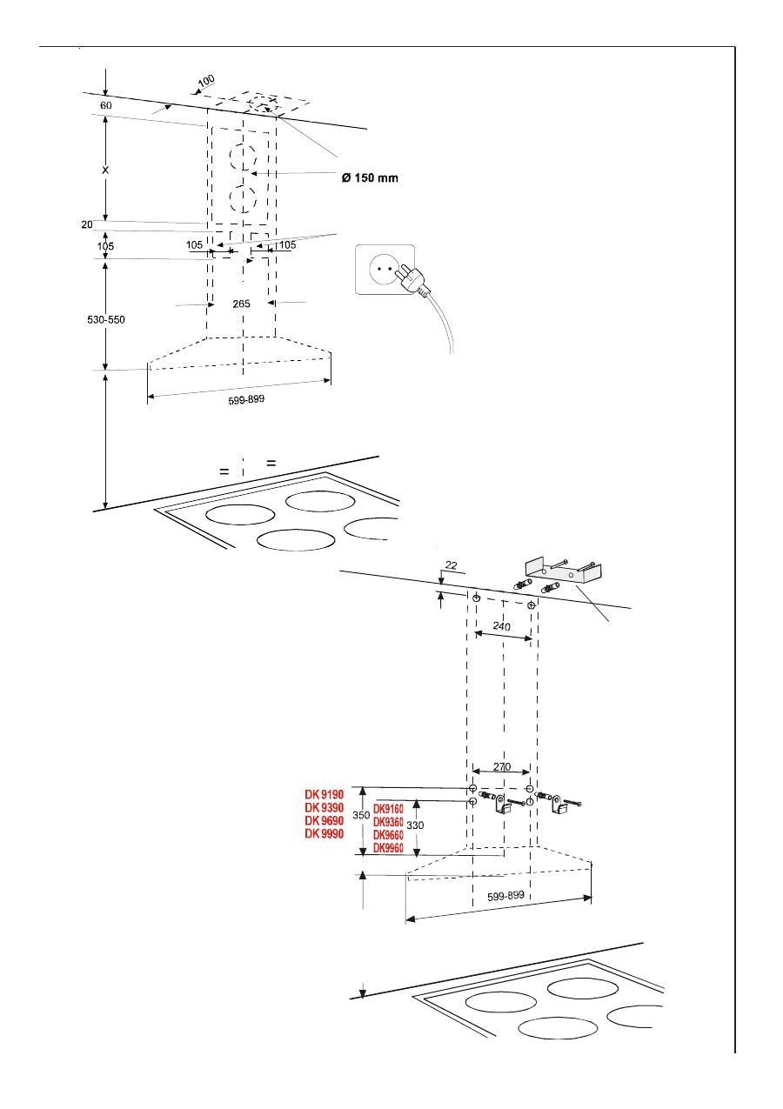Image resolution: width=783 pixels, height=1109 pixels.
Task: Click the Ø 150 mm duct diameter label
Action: (370, 177)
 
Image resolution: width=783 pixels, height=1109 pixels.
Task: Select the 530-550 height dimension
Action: (106, 320)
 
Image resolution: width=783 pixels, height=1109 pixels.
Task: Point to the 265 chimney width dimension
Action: (241, 304)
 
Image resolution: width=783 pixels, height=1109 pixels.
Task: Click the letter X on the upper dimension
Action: (105, 170)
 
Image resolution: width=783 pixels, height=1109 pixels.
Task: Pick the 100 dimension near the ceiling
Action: (206, 80)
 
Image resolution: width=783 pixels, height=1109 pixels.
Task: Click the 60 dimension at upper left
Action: (106, 105)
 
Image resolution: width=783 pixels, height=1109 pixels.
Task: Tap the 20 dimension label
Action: (87, 224)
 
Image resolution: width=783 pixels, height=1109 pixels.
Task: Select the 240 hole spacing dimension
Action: (501, 626)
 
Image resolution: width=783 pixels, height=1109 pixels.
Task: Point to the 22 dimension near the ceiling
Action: (452, 565)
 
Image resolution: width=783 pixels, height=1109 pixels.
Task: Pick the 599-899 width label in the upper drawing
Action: (246, 399)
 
